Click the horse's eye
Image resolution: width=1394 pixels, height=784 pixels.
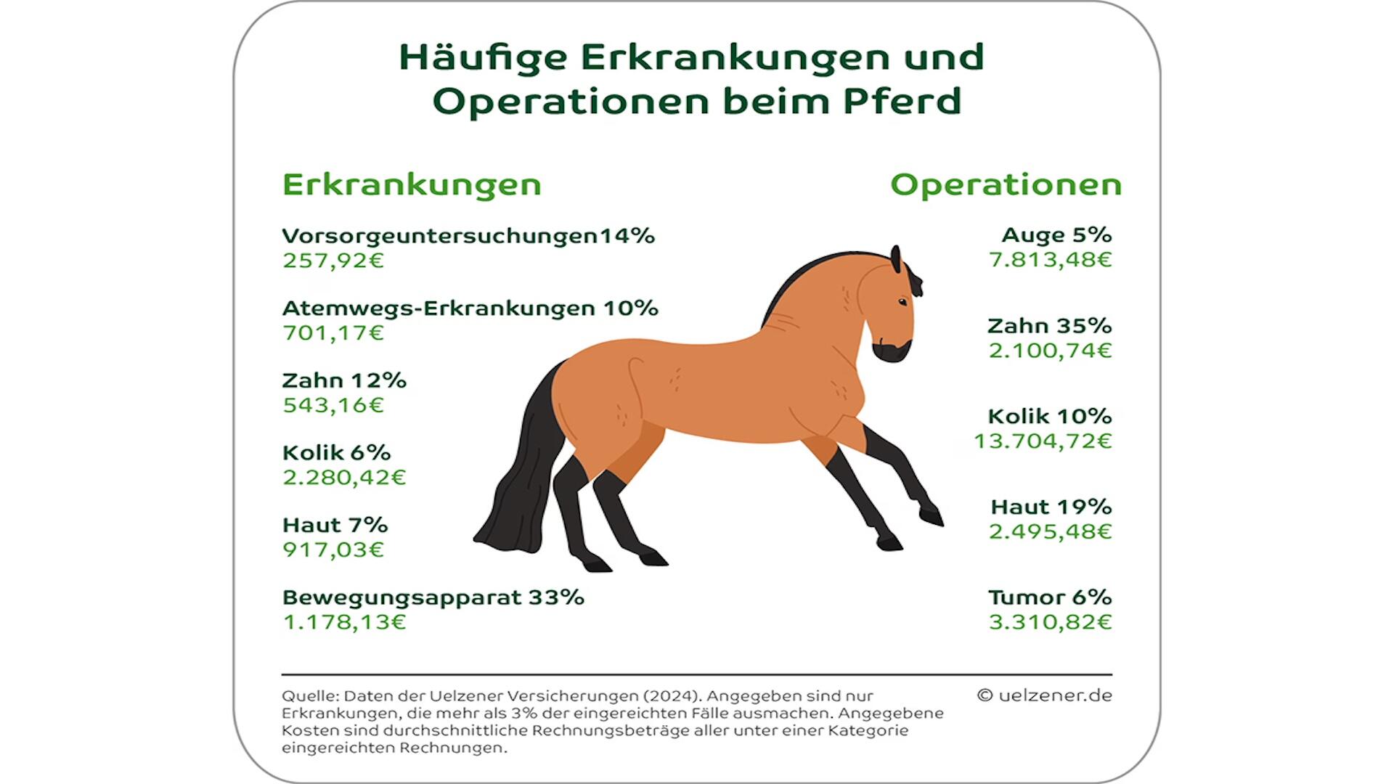(x=902, y=301)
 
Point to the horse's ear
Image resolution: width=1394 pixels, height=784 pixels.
(x=896, y=259)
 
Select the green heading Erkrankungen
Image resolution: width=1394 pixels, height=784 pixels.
(x=412, y=185)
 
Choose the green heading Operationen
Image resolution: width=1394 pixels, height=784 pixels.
(x=1006, y=185)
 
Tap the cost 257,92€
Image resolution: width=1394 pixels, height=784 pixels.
(x=333, y=261)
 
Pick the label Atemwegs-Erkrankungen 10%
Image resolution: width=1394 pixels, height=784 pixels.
(x=470, y=309)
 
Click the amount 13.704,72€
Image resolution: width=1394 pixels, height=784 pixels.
(x=1043, y=441)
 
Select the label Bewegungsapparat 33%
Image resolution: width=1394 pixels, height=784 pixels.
(x=433, y=597)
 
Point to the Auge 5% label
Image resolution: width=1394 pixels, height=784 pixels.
(x=1056, y=235)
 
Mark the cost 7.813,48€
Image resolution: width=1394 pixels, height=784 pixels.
(x=1050, y=260)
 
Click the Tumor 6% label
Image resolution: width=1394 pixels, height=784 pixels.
(x=1050, y=597)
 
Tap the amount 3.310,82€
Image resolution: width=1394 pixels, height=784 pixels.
(x=1050, y=622)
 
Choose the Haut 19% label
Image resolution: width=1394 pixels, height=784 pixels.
(x=1051, y=507)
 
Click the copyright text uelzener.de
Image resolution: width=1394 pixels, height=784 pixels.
(x=1044, y=695)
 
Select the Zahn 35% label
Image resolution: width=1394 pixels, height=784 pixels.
(x=1049, y=326)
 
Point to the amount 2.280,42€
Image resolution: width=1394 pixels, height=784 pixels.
(x=344, y=478)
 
